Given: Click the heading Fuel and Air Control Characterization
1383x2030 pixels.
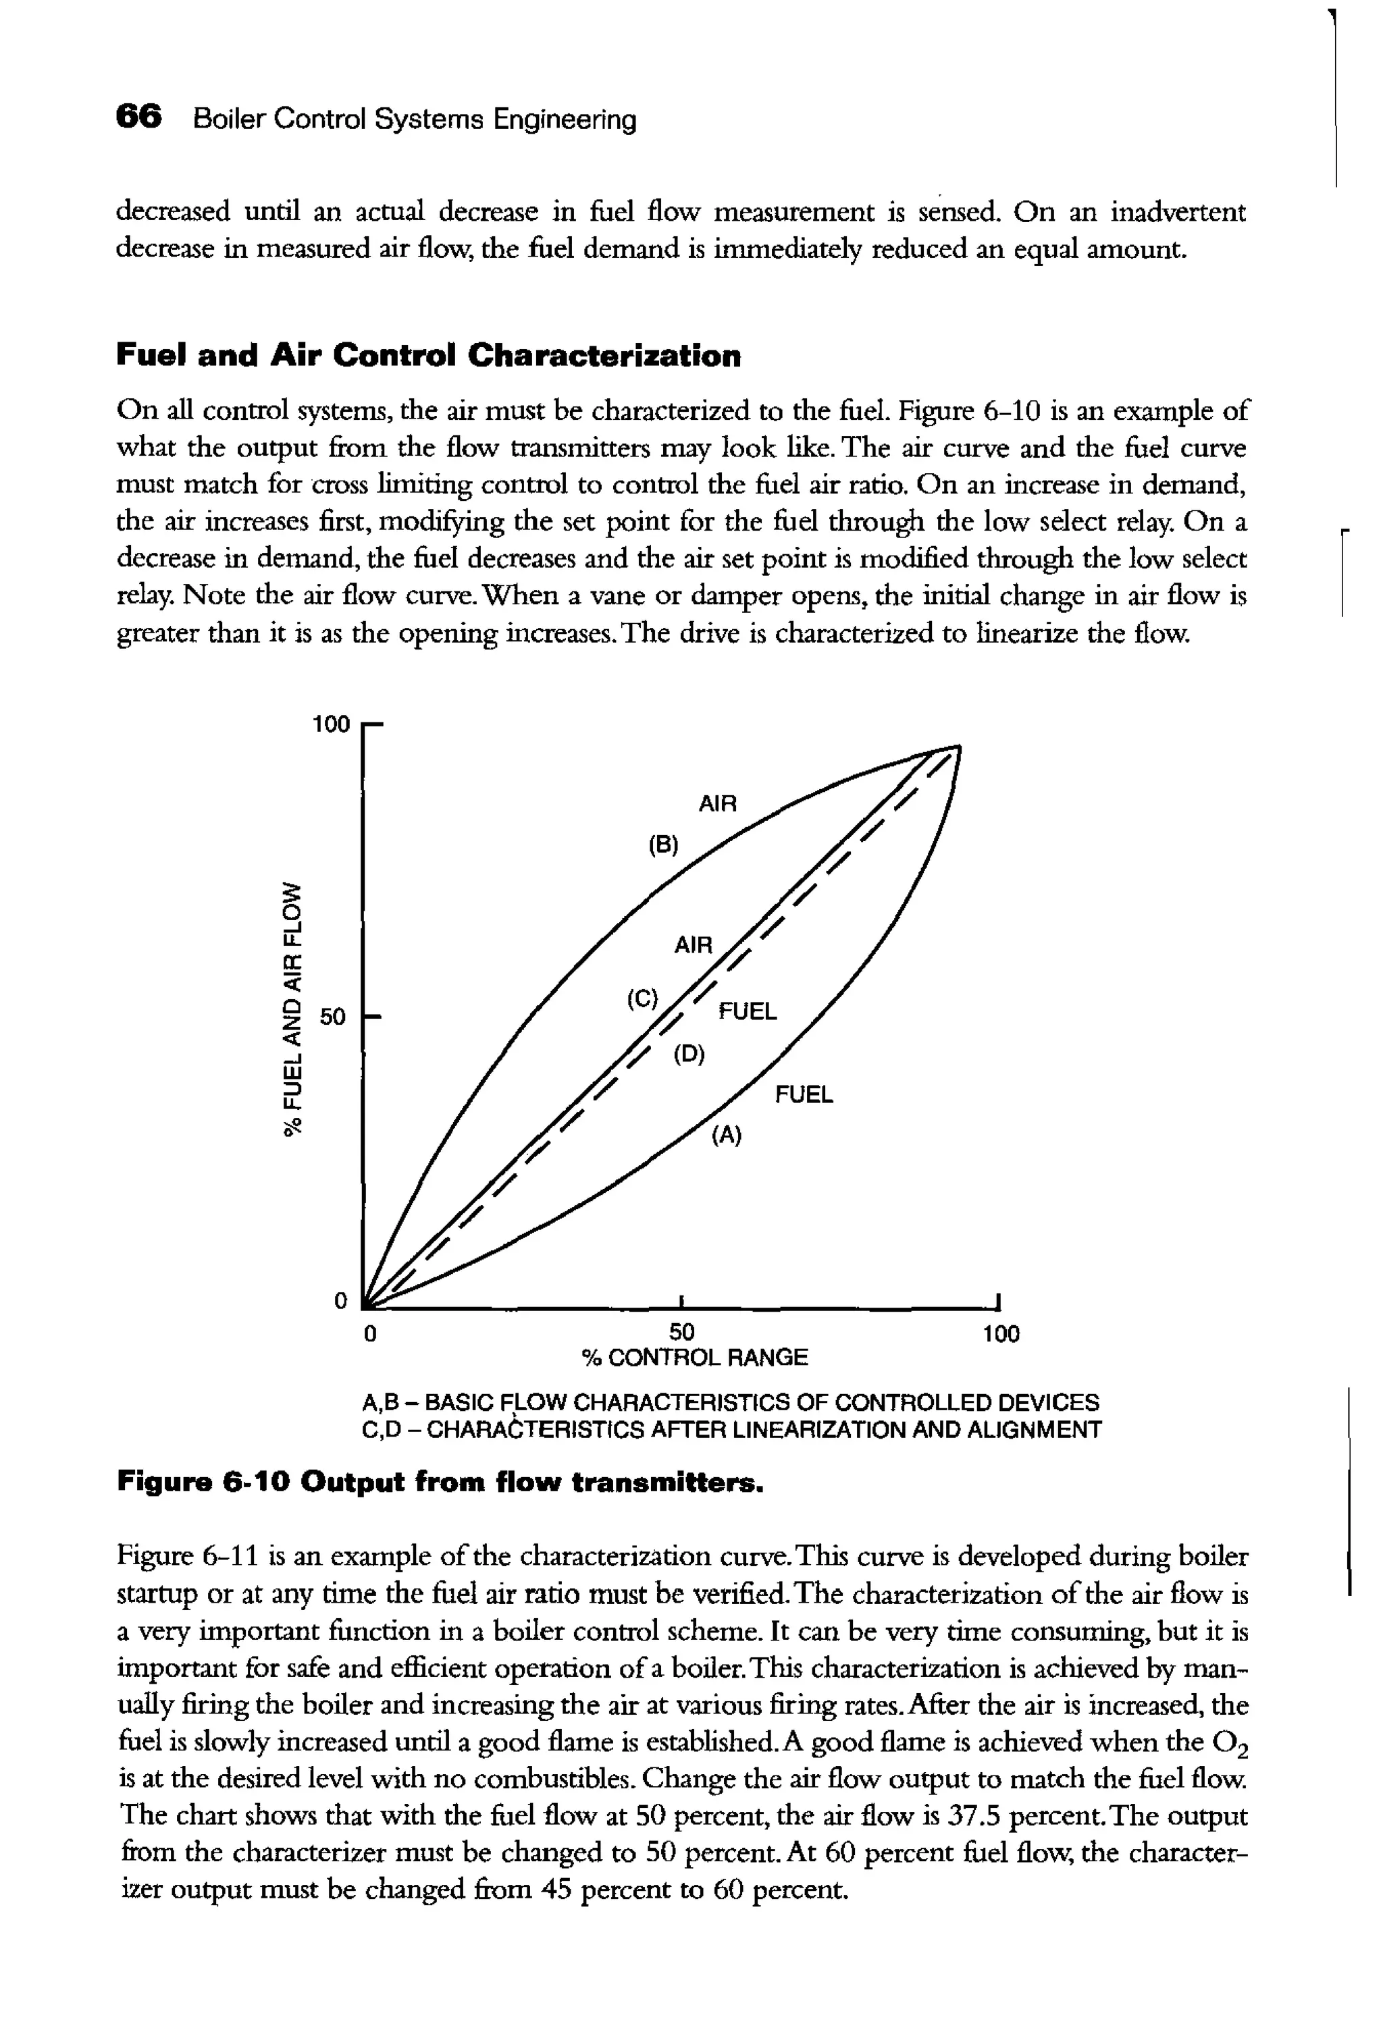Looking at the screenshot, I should tap(428, 356).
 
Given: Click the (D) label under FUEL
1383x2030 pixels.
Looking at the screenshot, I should tap(688, 1054).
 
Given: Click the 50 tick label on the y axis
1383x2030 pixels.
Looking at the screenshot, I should tap(334, 1017).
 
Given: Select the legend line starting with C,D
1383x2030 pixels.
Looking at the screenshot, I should tap(731, 1430).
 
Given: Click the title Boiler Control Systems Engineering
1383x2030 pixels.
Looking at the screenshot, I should tap(414, 119).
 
